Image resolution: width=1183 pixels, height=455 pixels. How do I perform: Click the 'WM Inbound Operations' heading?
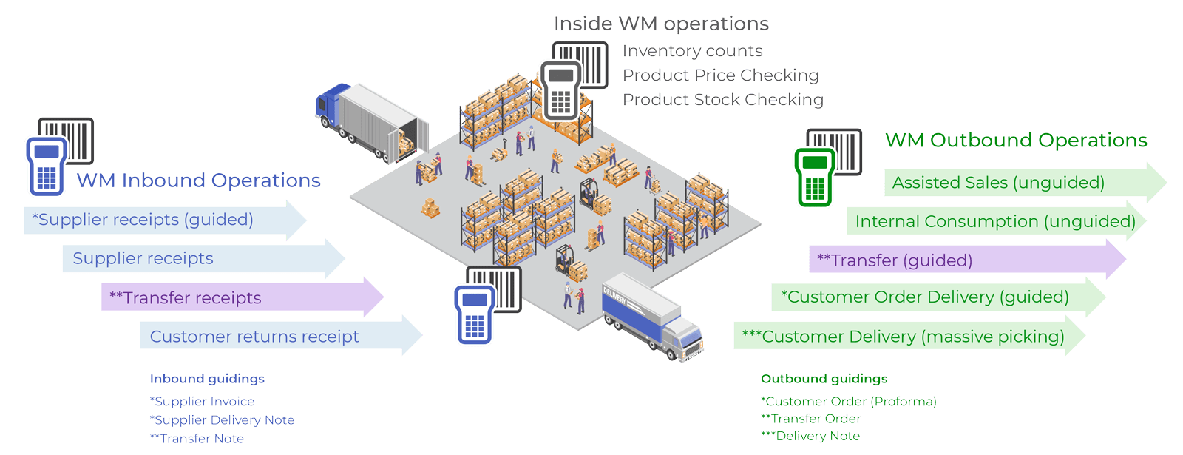click(x=198, y=181)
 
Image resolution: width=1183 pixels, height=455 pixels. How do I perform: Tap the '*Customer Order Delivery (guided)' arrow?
click(x=925, y=297)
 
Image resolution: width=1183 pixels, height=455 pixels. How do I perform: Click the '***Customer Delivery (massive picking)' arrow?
click(x=903, y=337)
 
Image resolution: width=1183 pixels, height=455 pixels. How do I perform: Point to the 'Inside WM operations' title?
click(x=661, y=24)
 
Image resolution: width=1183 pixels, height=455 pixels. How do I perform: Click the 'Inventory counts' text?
click(x=693, y=51)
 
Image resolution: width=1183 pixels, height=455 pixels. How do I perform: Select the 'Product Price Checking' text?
click(x=721, y=75)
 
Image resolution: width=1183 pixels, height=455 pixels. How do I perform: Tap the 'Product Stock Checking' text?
click(x=723, y=100)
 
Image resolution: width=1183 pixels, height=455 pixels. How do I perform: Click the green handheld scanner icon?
click(x=814, y=177)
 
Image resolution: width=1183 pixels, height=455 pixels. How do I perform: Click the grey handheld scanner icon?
click(x=561, y=90)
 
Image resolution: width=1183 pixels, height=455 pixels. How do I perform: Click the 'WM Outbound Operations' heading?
click(x=1016, y=141)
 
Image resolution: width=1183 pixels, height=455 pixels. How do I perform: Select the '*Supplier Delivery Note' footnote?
click(x=222, y=420)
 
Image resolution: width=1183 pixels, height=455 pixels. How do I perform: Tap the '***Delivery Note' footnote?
click(x=810, y=437)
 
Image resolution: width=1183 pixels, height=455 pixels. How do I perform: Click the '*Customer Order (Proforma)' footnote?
click(x=849, y=402)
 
